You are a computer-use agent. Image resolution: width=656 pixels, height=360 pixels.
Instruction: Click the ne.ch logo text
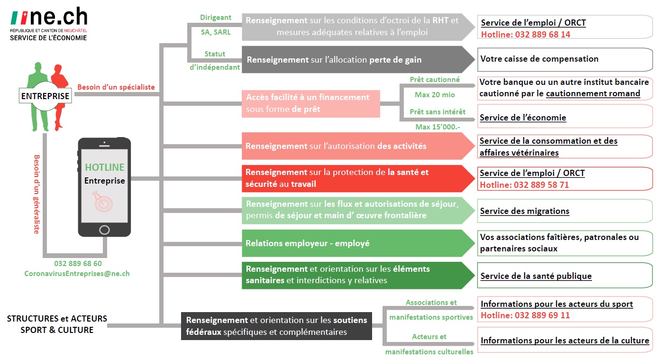tap(59, 17)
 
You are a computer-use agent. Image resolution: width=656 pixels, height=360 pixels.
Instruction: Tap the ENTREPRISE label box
tap(46, 96)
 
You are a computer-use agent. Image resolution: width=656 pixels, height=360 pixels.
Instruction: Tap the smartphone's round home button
tap(104, 230)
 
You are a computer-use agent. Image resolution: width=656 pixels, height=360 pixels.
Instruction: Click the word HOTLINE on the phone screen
tap(105, 167)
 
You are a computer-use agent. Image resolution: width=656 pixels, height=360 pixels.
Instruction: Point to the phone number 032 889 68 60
tap(78, 264)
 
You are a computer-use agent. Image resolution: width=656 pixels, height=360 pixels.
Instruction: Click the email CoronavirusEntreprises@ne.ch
tap(77, 274)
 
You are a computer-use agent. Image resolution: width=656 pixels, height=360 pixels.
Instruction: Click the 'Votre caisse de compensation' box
tap(565, 59)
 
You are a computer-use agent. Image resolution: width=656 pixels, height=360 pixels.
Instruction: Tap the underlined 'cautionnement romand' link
tap(593, 93)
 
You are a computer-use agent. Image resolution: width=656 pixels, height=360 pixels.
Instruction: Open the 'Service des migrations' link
tap(525, 211)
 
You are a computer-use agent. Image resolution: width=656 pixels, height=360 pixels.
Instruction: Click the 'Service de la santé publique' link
tap(536, 276)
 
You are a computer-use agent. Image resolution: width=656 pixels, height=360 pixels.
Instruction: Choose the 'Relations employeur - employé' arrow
tap(358, 243)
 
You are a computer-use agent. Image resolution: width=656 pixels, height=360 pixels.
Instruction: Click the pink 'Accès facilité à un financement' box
tap(311, 104)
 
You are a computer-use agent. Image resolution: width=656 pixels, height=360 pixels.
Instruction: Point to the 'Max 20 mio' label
tap(435, 95)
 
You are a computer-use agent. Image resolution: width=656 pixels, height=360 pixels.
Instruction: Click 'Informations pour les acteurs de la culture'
tap(565, 341)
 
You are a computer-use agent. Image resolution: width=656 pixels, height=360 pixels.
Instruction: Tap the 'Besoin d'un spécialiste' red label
tap(116, 87)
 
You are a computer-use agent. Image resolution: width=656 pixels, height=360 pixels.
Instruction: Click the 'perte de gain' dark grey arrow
tap(358, 59)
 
